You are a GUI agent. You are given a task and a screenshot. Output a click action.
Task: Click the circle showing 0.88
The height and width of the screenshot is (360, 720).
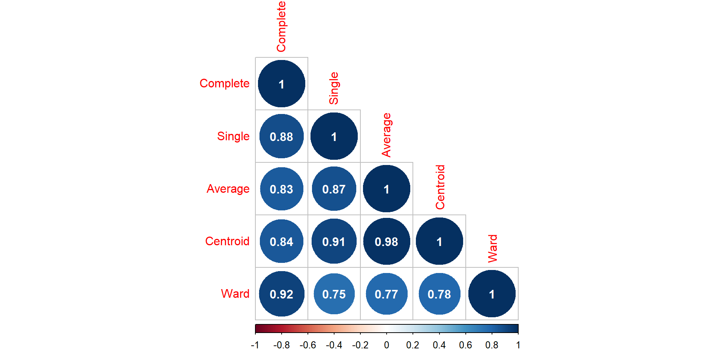coord(282,136)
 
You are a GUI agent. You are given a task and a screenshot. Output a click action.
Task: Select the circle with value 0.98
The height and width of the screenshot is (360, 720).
coord(387,241)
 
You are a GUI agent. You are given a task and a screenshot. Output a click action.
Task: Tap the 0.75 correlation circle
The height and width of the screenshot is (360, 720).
coord(334,294)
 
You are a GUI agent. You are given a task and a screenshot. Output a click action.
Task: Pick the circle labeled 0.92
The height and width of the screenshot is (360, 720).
coord(282,294)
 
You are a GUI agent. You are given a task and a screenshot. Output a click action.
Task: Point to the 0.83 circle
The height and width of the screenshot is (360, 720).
coord(282,189)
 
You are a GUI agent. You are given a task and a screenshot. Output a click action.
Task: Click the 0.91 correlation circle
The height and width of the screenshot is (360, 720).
coord(334,241)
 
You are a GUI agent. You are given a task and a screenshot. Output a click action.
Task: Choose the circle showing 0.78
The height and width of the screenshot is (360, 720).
coord(439,294)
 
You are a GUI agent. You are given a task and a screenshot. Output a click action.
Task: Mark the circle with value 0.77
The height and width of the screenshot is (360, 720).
coord(387,294)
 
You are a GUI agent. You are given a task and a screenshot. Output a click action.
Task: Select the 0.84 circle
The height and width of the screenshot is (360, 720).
coord(282,241)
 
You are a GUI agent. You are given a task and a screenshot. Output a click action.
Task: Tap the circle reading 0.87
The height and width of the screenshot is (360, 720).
coord(334,189)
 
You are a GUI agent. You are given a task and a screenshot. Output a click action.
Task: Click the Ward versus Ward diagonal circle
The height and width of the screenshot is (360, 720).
coord(492,294)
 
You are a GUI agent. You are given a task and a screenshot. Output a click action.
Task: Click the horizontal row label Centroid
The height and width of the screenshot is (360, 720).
coord(227,241)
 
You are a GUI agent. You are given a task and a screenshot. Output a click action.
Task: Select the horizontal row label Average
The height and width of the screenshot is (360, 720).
coord(228,189)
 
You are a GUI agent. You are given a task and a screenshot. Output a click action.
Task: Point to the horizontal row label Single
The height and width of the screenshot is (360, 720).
coord(233,136)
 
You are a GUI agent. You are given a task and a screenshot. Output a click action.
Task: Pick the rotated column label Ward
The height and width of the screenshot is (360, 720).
coord(492,249)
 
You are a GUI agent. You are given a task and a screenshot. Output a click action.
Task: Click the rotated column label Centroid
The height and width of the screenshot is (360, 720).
coord(440,187)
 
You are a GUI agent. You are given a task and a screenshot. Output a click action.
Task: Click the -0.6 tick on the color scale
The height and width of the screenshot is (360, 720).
coord(308,345)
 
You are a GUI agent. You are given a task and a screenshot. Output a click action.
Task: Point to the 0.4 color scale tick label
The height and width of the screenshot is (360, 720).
coord(439,345)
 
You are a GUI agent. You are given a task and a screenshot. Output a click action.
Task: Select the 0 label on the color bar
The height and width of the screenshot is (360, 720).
coord(387,345)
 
